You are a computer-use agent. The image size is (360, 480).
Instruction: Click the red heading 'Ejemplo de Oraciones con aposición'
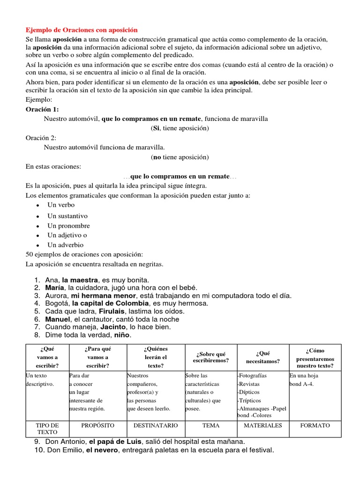point(82,30)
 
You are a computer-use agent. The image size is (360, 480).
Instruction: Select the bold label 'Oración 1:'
point(42,109)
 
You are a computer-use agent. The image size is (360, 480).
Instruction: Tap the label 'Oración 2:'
point(41,137)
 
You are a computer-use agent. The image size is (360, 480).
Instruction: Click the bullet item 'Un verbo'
point(61,205)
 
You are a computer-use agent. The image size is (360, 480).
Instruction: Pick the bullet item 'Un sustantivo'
point(67,216)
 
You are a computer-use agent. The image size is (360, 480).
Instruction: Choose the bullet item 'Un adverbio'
point(65,245)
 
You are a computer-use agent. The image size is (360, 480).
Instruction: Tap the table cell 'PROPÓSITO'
point(97,425)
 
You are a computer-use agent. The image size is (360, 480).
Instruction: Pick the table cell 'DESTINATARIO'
point(156,425)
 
